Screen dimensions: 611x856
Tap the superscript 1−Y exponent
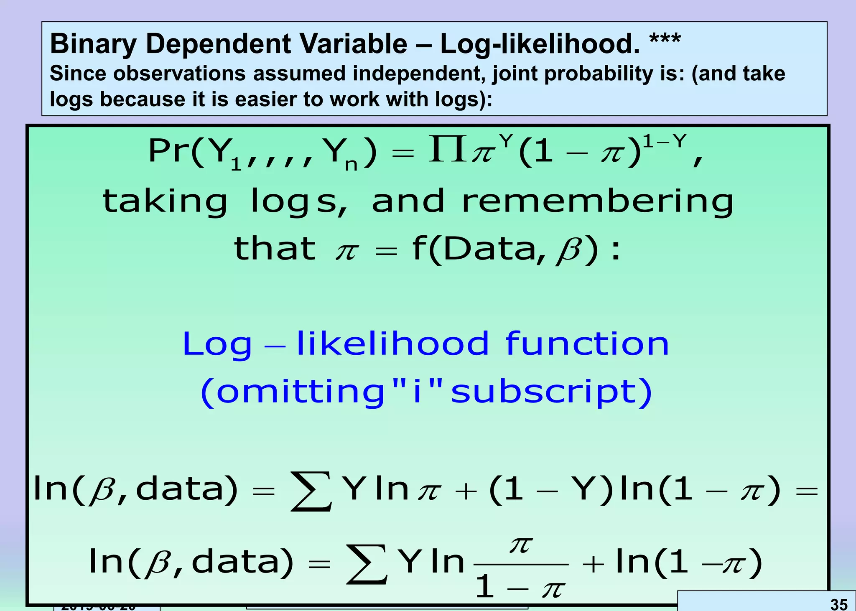point(665,142)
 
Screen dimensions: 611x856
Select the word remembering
point(598,201)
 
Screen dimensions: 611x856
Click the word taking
point(165,201)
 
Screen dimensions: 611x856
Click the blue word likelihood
point(392,344)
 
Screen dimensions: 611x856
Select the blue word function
point(587,344)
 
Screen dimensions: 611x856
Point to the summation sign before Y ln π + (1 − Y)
point(311,491)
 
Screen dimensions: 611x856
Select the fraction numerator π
point(521,545)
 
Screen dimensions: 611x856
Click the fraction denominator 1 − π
point(521,588)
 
